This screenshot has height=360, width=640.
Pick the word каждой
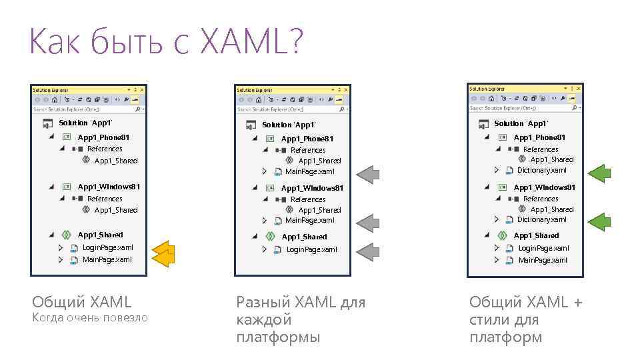click(x=264, y=319)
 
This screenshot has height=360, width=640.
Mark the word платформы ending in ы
click(x=278, y=337)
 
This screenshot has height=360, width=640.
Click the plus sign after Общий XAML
click(x=577, y=302)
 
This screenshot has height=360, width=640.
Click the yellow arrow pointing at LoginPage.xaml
click(x=162, y=248)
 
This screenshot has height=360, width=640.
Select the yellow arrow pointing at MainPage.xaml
click(x=162, y=259)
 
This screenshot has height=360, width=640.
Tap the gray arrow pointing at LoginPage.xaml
click(x=367, y=251)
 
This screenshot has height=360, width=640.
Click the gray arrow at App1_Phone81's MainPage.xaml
click(x=367, y=175)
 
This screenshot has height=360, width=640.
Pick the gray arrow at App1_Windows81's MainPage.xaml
click(x=367, y=221)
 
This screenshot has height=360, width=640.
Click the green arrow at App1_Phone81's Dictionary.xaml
click(x=600, y=173)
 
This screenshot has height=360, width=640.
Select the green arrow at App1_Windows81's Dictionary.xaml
click(x=600, y=221)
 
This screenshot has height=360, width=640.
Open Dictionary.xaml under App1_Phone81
click(x=541, y=170)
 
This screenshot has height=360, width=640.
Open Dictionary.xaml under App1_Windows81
click(x=541, y=219)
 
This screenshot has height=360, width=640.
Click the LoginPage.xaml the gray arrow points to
click(x=311, y=249)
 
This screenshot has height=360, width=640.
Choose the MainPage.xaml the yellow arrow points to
click(x=107, y=259)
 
